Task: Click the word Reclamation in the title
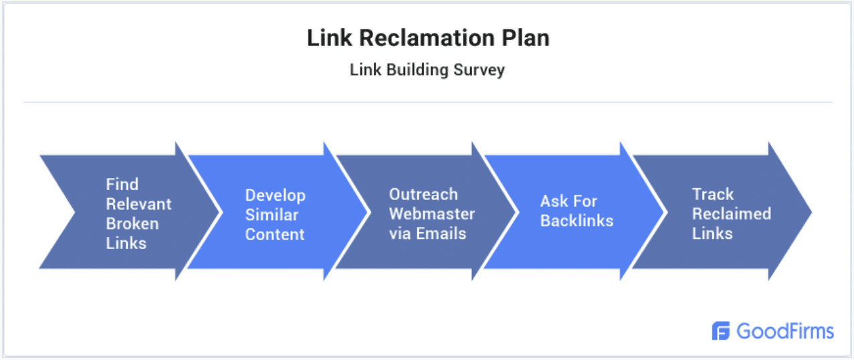click(x=428, y=38)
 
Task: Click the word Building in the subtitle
click(x=411, y=70)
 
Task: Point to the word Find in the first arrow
click(x=122, y=184)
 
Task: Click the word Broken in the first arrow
click(x=132, y=223)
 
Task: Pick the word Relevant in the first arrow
click(x=138, y=203)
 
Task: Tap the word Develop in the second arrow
click(x=275, y=195)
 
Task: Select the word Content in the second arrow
click(x=275, y=234)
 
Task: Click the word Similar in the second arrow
click(x=272, y=215)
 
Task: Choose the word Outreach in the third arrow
click(x=423, y=194)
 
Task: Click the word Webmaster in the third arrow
click(x=432, y=214)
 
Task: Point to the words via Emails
click(x=427, y=234)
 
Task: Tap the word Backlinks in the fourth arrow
click(x=576, y=220)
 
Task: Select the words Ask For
click(x=568, y=201)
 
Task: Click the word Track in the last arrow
click(x=713, y=194)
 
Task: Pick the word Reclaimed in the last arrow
click(x=731, y=213)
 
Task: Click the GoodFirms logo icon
click(x=721, y=331)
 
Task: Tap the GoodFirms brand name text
click(x=785, y=331)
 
